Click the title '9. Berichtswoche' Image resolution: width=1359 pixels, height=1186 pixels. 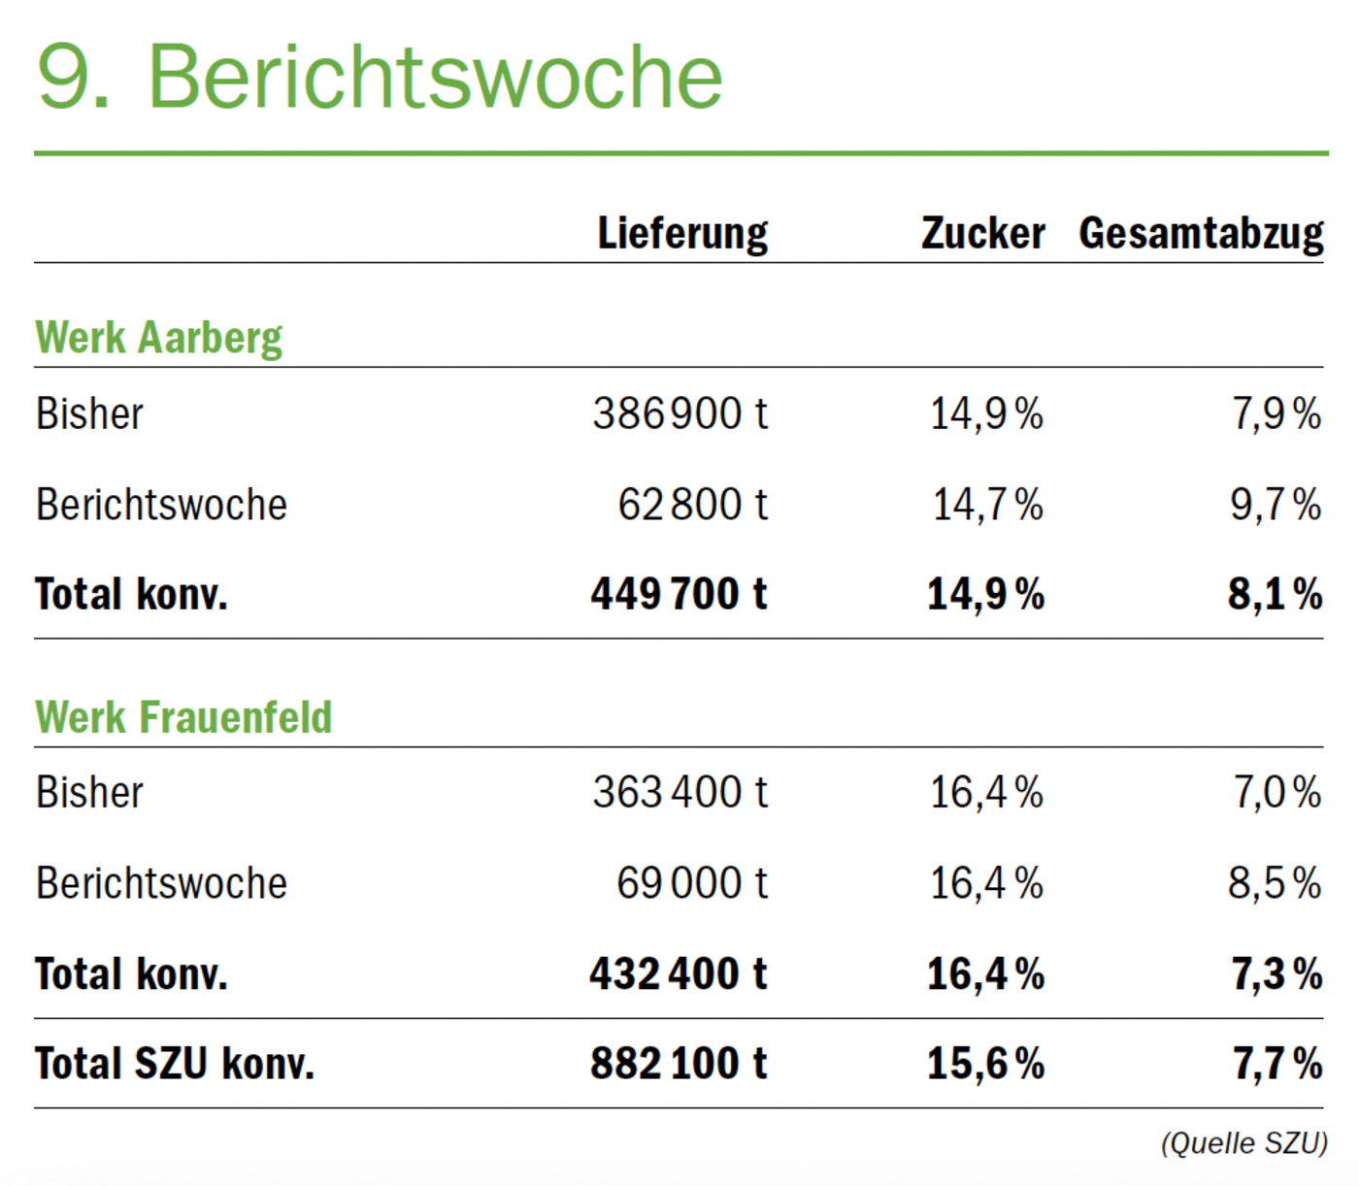click(x=380, y=77)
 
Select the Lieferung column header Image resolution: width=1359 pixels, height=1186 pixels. click(x=682, y=233)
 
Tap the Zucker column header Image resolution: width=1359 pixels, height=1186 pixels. click(x=982, y=233)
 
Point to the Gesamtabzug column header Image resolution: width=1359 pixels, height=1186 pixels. click(x=1201, y=234)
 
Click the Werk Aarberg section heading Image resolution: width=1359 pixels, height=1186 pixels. click(x=158, y=338)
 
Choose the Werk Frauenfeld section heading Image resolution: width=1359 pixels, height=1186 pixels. click(x=183, y=717)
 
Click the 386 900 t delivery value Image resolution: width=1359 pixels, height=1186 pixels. click(x=679, y=413)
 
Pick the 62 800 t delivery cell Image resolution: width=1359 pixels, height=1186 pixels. click(x=692, y=505)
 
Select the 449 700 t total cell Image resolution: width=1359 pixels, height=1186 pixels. click(x=679, y=594)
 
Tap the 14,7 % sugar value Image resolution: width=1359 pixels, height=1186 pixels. click(x=987, y=505)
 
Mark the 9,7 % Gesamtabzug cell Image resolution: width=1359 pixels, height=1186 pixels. click(x=1276, y=505)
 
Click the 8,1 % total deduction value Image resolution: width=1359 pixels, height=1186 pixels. click(x=1275, y=594)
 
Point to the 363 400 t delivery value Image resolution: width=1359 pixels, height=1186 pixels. click(x=679, y=792)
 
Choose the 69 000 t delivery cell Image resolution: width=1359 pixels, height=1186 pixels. click(x=691, y=883)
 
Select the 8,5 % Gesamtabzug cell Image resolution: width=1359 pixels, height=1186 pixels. click(x=1275, y=883)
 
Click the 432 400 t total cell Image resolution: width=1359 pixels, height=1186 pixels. click(x=678, y=973)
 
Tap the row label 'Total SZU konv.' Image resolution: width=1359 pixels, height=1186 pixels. click(x=175, y=1064)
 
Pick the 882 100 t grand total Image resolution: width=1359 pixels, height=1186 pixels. click(x=678, y=1064)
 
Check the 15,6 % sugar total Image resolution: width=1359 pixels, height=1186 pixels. click(x=985, y=1064)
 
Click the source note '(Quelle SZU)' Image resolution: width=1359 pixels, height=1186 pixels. click(x=1243, y=1143)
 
